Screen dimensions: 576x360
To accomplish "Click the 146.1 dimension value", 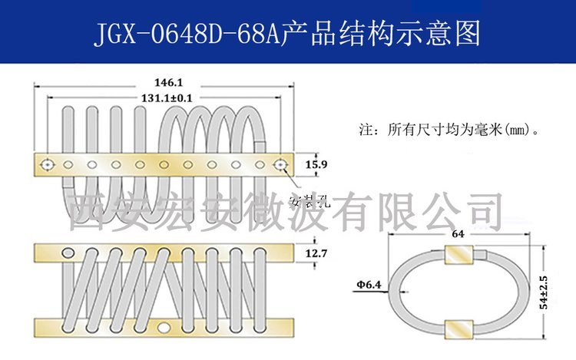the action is click(168, 82).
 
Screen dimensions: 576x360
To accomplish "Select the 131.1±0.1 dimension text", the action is click(167, 98).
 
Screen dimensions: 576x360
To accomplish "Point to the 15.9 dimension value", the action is click(316, 164).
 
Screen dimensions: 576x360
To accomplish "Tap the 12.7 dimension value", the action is click(316, 253).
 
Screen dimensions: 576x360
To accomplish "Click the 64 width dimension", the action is click(458, 234).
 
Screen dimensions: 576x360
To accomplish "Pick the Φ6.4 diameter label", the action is click(369, 285).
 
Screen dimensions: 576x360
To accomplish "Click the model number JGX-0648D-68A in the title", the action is click(187, 34).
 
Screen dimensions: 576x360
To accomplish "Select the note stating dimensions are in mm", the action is click(449, 130).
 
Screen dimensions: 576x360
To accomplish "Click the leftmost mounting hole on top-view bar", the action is click(48, 165).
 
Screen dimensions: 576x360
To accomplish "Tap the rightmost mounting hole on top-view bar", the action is click(280, 165).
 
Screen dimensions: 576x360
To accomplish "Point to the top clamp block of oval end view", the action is click(458, 255).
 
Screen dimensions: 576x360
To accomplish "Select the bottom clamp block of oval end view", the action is click(458, 329).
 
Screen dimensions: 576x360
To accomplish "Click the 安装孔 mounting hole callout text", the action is click(310, 201).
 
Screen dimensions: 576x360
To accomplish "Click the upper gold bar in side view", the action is click(164, 253).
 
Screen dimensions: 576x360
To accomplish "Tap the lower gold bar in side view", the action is click(164, 327).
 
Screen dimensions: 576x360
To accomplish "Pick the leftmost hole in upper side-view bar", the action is click(68, 253).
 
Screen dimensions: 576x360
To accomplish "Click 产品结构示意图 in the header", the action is click(381, 34).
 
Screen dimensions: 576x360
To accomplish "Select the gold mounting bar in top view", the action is click(164, 165).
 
